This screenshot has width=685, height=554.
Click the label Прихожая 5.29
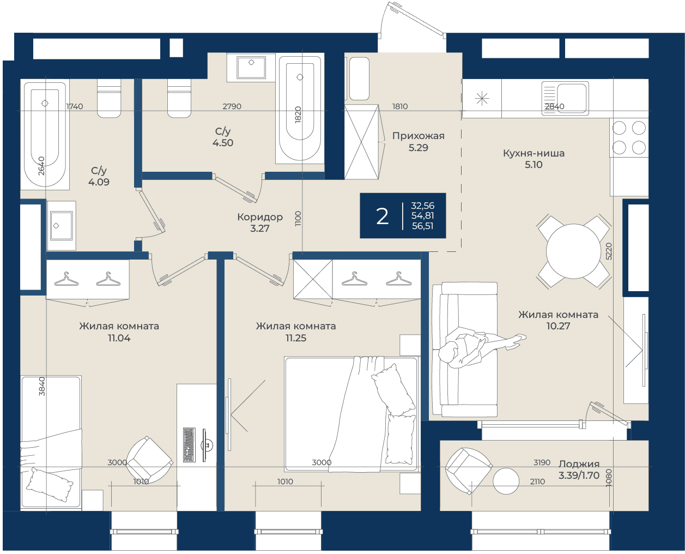coord(418,142)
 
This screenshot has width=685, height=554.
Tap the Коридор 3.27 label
coord(260,222)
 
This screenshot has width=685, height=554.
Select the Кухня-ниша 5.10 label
coord(534,159)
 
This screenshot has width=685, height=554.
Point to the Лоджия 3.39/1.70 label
coord(579,469)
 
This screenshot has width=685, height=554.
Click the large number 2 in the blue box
coord(382,216)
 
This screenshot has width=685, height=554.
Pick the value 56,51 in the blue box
coord(422,226)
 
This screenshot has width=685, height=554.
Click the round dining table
coord(573,251)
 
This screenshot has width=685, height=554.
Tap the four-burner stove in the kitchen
coord(629,138)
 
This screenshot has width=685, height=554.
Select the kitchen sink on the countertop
coord(565,98)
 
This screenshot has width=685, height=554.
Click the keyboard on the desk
coord(189,445)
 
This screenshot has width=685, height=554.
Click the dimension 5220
coord(609,251)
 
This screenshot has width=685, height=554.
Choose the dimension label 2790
coord(232,106)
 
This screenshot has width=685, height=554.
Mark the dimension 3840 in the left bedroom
coord(42,387)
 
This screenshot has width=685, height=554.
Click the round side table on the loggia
coord(506,481)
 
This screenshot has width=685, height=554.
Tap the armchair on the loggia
coord(469,471)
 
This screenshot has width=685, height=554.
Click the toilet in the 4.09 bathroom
coord(109,98)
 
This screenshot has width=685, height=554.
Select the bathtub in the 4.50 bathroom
coord(300,108)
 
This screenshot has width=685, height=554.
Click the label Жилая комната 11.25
coord(296,332)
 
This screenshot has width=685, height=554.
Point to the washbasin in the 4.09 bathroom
coord(62,226)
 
